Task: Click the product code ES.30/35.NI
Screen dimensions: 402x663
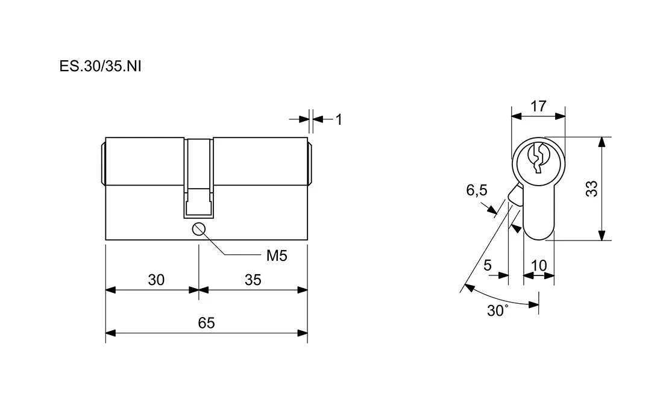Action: click(100, 66)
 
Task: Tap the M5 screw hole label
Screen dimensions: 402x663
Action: click(277, 256)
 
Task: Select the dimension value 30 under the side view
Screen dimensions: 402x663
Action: click(156, 280)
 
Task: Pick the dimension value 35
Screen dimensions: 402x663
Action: click(253, 280)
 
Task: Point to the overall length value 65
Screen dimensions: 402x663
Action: click(206, 322)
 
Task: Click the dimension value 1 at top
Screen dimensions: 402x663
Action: click(339, 119)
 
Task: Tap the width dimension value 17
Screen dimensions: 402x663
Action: click(538, 107)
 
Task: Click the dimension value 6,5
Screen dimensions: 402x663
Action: click(476, 191)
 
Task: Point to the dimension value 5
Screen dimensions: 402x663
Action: click(488, 265)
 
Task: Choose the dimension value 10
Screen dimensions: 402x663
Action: click(538, 265)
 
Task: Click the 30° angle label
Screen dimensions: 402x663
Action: click(498, 311)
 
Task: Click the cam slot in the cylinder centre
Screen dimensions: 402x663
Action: click(199, 178)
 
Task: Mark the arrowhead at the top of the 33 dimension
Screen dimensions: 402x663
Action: click(602, 142)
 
